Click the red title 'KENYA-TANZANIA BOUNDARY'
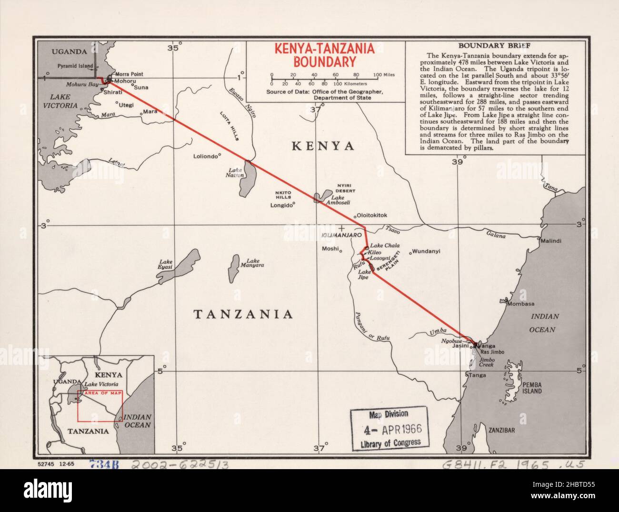(x=324, y=55)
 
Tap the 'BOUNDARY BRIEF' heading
(x=495, y=46)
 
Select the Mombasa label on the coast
(x=520, y=304)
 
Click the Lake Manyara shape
(x=234, y=268)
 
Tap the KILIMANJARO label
(x=343, y=236)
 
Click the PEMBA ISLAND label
(x=532, y=387)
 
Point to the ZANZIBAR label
(x=501, y=430)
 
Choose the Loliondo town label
(x=205, y=156)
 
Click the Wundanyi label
(x=426, y=251)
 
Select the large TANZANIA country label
(x=242, y=314)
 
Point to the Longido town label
(x=280, y=206)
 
